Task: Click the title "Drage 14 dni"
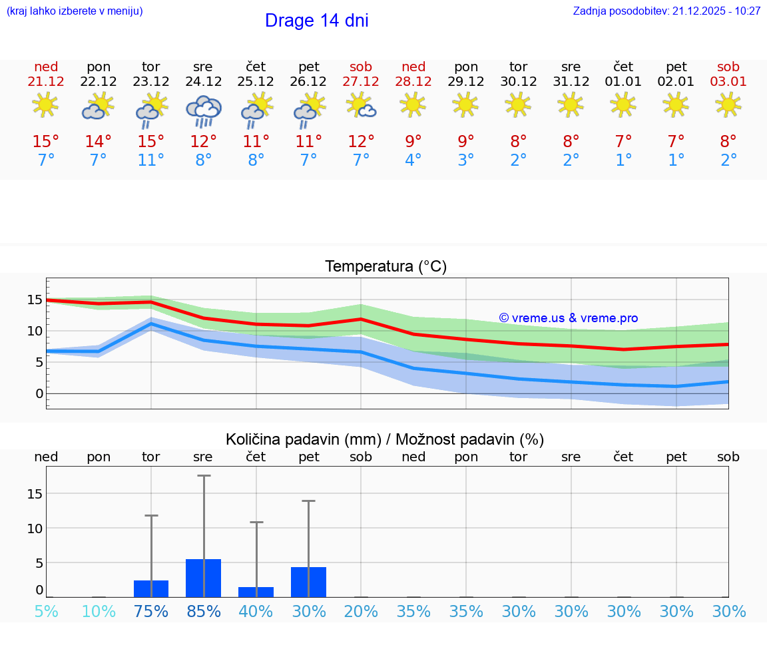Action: (316, 21)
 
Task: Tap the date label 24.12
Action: (203, 81)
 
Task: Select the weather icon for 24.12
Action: (203, 110)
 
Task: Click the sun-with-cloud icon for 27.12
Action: (361, 105)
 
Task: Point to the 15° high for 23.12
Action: (151, 142)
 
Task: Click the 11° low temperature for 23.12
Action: (151, 160)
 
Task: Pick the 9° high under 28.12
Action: (413, 142)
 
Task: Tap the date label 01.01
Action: (623, 81)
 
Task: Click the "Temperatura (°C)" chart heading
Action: (385, 267)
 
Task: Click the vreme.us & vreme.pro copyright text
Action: (568, 318)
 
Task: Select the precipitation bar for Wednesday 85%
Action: (203, 578)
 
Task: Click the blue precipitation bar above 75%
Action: (151, 588)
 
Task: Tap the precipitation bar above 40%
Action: (256, 592)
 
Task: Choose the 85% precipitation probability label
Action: (203, 612)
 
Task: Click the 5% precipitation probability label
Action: (46, 612)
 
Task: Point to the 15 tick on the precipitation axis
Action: (35, 494)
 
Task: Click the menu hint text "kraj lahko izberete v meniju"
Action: (75, 11)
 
